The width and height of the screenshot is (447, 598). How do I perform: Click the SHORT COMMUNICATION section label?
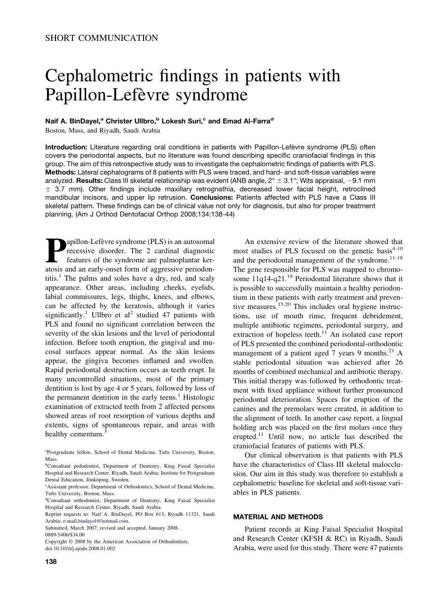(102, 39)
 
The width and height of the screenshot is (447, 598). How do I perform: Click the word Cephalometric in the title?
(109, 77)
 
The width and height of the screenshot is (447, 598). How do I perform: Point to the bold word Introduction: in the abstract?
(66, 147)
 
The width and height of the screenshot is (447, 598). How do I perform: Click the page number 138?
(51, 562)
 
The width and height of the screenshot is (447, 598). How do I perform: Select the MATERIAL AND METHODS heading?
(278, 517)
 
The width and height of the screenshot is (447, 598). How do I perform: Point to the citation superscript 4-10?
(397, 248)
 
